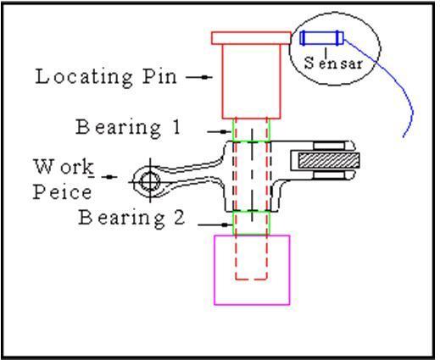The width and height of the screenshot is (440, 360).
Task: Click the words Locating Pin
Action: click(106, 77)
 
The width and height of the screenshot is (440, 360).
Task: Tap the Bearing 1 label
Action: click(128, 128)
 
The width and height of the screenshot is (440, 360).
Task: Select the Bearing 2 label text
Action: click(131, 218)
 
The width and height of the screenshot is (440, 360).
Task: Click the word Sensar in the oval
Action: click(333, 63)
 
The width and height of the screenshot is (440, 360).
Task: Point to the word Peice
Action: click(62, 192)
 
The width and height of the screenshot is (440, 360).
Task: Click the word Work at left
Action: click(64, 168)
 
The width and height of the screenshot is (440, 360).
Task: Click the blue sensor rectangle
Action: click(321, 38)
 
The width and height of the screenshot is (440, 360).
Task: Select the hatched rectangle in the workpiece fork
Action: click(329, 160)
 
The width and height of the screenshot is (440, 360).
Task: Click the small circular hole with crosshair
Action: click(150, 181)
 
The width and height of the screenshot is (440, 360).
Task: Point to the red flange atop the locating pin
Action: click(251, 38)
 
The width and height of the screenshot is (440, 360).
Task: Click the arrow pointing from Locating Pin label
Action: click(199, 77)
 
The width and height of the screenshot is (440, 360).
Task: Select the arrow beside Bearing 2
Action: click(215, 224)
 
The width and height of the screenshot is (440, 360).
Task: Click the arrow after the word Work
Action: click(109, 177)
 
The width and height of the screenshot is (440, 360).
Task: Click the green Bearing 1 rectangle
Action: click(232, 130)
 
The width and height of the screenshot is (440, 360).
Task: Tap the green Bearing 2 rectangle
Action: click(232, 223)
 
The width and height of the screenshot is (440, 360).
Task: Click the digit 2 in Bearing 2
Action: click(179, 217)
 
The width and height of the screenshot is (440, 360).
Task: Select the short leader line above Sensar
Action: click(326, 51)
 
